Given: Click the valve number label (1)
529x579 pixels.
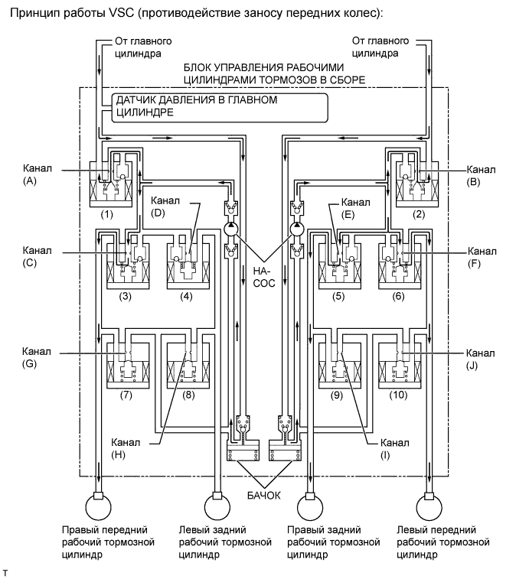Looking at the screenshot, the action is tap(107, 214).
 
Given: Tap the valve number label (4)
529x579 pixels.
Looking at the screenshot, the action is tap(186, 296).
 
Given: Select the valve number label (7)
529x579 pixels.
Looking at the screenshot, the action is tap(126, 395).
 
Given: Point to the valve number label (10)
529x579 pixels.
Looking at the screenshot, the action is tap(398, 395).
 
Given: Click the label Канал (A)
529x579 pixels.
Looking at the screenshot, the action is tap(38, 174).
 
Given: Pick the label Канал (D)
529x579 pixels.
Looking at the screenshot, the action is tap(165, 207).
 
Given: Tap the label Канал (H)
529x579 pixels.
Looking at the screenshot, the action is tap(126, 448).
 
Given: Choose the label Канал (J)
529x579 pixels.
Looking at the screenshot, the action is tap(480, 359).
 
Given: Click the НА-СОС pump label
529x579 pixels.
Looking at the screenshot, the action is tap(264, 277).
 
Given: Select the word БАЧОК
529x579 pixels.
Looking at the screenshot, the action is tap(264, 495).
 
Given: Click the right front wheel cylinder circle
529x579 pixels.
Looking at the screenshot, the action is tap(98, 507).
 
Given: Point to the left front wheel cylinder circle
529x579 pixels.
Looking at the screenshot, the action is tap(429, 507).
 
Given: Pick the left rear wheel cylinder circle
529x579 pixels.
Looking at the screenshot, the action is tap(217, 507).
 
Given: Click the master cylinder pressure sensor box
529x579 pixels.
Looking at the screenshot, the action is tap(220, 107).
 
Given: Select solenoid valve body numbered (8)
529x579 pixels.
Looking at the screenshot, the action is tap(188, 366).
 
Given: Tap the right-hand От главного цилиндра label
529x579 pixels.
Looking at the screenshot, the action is tap(380, 47).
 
